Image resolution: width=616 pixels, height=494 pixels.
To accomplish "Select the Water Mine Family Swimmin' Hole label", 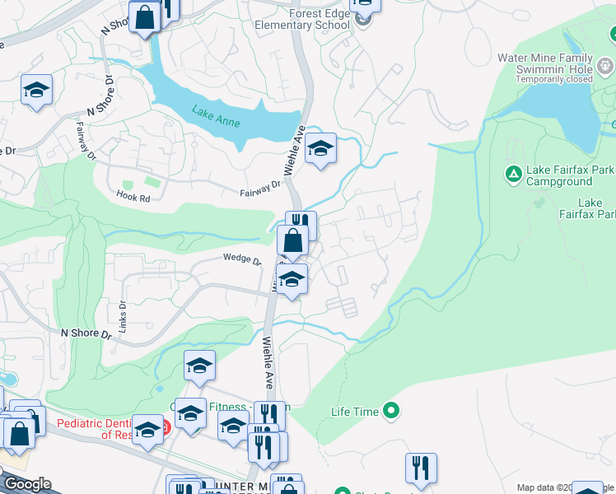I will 544,68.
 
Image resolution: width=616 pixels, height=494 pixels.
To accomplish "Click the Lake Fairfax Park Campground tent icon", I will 511,174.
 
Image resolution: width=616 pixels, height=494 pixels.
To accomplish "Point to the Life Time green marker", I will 392,409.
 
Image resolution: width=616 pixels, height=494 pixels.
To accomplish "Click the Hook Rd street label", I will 133,198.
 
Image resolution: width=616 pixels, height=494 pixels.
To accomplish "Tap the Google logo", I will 27,484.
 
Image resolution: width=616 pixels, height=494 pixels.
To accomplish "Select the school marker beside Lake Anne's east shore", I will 320,149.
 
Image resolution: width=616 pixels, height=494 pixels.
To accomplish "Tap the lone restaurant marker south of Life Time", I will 421,468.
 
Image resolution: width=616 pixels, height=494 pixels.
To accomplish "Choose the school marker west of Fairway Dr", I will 36,89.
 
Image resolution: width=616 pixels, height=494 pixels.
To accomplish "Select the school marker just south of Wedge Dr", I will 291,280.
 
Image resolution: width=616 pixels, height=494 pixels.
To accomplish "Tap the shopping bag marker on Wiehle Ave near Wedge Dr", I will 292,242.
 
